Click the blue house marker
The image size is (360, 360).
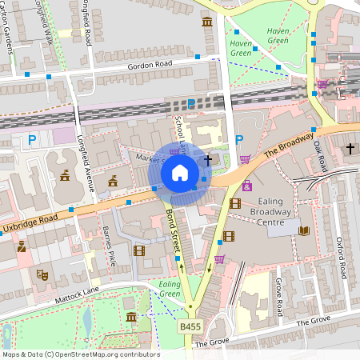point(180,172)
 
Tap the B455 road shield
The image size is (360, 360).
point(190,327)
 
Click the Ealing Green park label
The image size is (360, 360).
point(170,289)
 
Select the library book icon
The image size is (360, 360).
point(304,231)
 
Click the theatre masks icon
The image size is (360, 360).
point(42,275)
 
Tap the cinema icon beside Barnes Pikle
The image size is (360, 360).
point(140,250)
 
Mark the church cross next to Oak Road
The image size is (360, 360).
point(350,149)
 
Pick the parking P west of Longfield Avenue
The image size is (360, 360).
point(33,141)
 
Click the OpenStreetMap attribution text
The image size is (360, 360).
point(80,354)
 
